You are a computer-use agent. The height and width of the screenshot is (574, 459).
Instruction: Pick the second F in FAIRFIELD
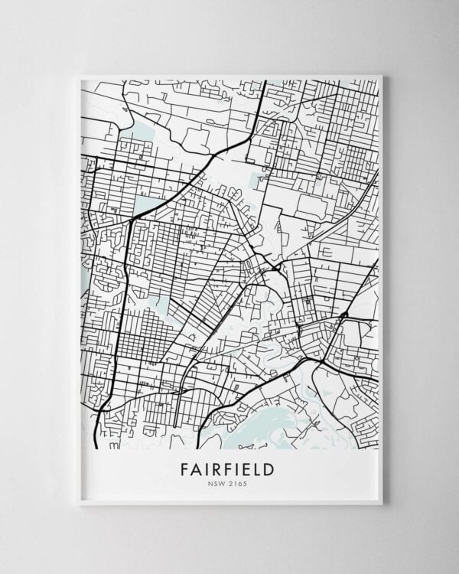(227, 468)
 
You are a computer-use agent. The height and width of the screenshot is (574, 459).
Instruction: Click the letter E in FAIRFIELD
(245, 468)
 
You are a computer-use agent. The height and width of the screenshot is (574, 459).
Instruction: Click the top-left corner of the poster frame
(79, 75)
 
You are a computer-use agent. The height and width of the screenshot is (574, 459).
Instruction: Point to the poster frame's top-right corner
(381, 75)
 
